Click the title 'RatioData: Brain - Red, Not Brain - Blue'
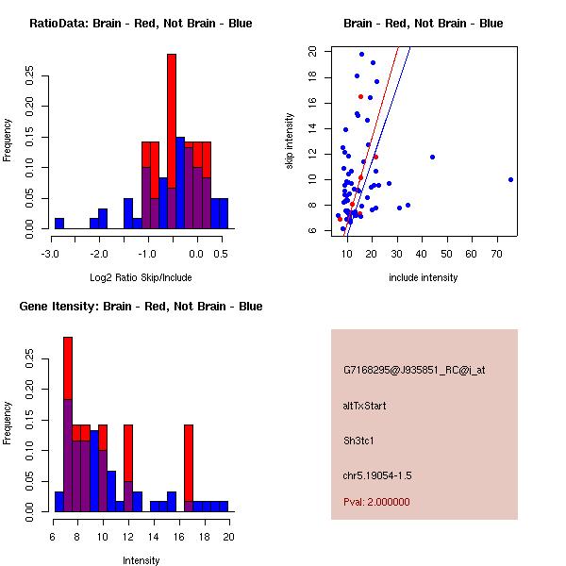click(141, 24)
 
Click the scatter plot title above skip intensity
click(424, 24)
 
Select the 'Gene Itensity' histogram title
click(141, 307)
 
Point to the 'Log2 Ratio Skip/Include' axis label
click(141, 277)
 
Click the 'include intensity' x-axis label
click(424, 277)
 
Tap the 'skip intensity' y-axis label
click(291, 141)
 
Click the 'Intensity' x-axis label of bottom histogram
click(141, 560)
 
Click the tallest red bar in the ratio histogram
click(172, 113)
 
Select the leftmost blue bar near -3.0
click(59, 224)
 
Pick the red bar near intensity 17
click(189, 462)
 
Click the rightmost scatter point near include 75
click(510, 179)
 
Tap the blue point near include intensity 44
click(432, 157)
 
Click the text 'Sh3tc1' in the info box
click(359, 441)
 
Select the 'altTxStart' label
click(365, 407)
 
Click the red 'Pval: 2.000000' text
click(376, 502)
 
